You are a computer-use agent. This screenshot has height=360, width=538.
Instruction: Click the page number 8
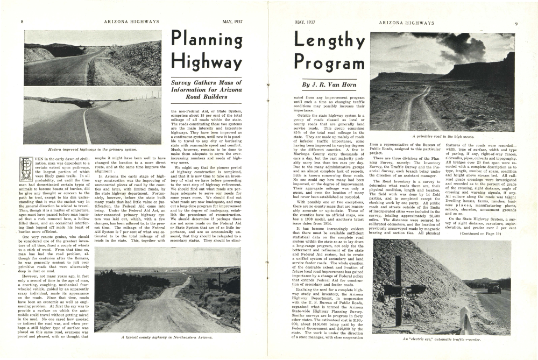pyautogui.click(x=22, y=22)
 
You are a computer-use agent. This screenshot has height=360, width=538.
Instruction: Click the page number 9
pyautogui.click(x=515, y=23)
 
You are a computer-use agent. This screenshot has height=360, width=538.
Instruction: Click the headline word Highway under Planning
pyautogui.click(x=207, y=63)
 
